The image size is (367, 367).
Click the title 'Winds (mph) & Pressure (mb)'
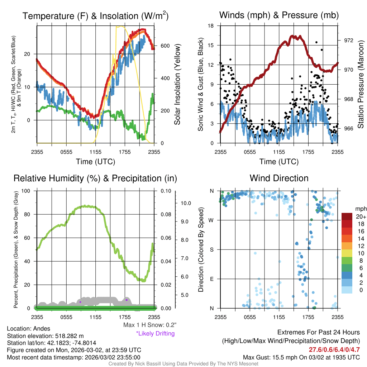(x=279, y=15)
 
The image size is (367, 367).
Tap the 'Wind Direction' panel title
(x=279, y=178)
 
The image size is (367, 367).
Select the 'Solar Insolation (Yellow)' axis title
(x=177, y=85)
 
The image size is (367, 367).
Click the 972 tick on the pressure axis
(x=348, y=40)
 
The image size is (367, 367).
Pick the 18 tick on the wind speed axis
(x=211, y=26)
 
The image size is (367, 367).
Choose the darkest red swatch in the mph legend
(x=348, y=216)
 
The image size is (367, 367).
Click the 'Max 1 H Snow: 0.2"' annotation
(x=149, y=325)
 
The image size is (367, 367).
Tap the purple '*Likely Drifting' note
(x=155, y=333)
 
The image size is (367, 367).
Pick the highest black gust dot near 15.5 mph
(x=316, y=42)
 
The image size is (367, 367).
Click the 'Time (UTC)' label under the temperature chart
(x=95, y=162)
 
